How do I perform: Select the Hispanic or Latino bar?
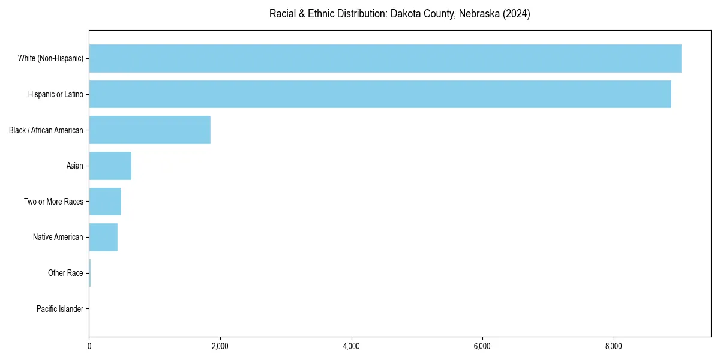380,94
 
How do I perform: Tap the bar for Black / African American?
149,130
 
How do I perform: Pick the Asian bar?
110,166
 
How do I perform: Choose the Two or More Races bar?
105,202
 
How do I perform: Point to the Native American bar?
103,237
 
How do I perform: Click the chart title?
400,14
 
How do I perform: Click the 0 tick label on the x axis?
89,346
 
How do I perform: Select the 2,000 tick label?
220,346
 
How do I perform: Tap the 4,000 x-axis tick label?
351,346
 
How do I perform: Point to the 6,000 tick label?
482,346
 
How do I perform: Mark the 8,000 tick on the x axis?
613,346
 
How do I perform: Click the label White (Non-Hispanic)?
50,58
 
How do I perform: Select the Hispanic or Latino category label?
56,94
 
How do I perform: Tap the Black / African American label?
46,130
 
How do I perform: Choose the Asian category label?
75,166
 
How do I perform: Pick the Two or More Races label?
54,202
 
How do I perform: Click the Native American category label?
58,237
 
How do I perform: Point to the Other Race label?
65,273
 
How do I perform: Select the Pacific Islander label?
60,309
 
